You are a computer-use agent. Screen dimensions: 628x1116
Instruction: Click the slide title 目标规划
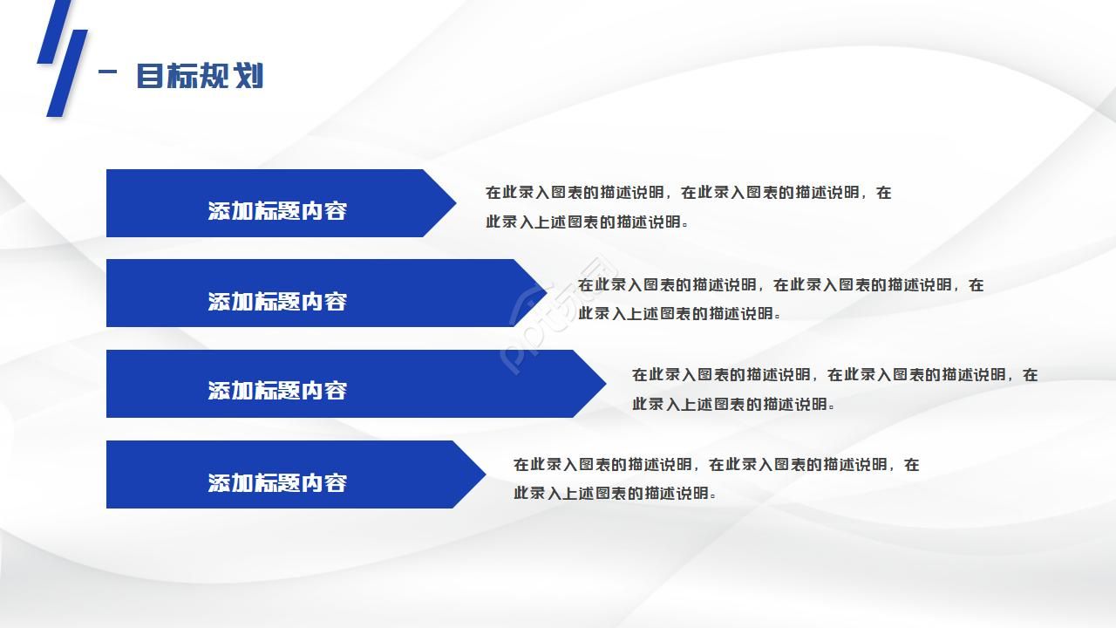click(x=200, y=76)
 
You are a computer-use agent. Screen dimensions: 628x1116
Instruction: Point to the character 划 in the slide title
click(x=249, y=76)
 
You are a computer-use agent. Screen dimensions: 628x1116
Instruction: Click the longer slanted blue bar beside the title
click(x=67, y=73)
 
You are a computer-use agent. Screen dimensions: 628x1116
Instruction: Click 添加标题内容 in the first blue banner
click(x=277, y=211)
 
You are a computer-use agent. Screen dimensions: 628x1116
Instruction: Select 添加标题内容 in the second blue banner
click(x=277, y=302)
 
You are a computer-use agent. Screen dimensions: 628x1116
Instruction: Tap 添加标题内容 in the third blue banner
click(x=277, y=391)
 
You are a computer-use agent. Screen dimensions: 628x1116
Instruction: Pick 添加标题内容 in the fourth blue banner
click(x=277, y=483)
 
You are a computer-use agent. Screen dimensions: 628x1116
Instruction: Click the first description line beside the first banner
click(x=688, y=193)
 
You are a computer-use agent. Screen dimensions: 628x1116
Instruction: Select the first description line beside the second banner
click(x=780, y=285)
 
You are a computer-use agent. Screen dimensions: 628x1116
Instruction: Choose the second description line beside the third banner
click(x=733, y=404)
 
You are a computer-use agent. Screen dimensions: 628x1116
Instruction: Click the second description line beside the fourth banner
click(x=615, y=494)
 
